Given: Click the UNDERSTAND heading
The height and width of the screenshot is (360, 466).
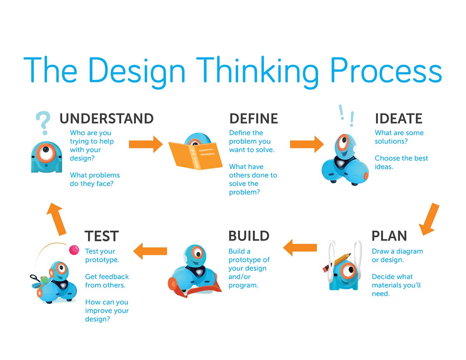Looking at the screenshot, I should (106, 118).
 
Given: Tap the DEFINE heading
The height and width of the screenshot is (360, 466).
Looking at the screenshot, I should (254, 118).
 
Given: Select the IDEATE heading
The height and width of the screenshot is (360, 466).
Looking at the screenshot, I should (398, 118).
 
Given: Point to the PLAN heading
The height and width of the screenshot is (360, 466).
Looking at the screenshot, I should (389, 236).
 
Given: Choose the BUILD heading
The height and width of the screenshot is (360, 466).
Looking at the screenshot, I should (249, 236).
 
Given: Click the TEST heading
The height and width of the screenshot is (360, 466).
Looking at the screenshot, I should (101, 236).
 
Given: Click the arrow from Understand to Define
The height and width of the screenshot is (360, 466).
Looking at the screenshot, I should (146, 144).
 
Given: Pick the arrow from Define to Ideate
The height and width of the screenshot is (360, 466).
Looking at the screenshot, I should (307, 144).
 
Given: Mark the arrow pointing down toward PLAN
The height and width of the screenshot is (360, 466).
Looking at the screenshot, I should (429, 219).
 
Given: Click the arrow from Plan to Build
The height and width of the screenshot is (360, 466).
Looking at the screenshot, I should (300, 247).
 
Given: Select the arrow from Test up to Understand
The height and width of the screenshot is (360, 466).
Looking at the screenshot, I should (56, 219).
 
